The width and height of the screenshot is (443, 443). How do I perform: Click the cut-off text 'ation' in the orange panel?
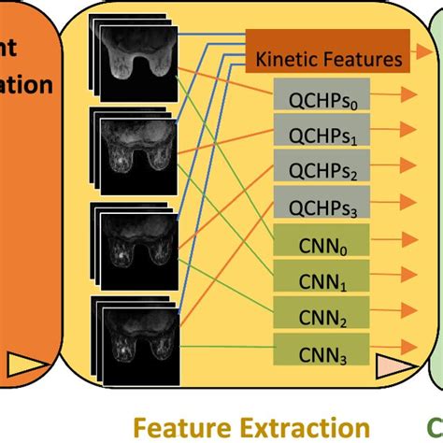point(26,85)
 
